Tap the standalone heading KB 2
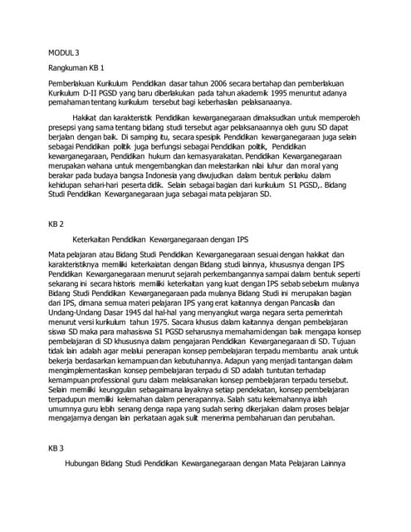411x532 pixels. tap(56, 224)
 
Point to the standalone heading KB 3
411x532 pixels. tap(56, 447)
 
